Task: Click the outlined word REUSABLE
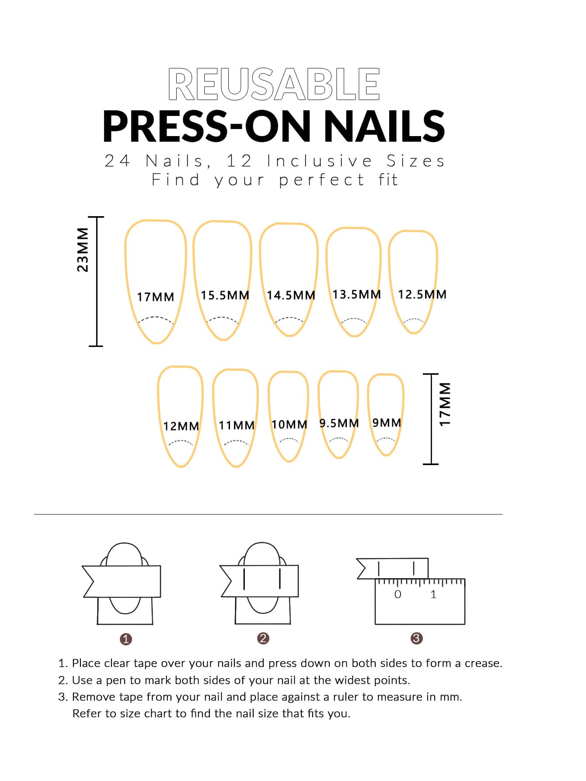pos(274,84)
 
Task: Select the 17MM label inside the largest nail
pos(156,297)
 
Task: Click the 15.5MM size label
pos(225,295)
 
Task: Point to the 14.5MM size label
pos(291,295)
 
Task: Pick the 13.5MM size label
pos(357,294)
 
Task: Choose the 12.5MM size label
pos(422,294)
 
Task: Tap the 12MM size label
pos(181,426)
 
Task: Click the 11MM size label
pos(237,425)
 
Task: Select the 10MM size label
pos(290,424)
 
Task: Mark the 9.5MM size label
pos(339,423)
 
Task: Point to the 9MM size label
pos(387,423)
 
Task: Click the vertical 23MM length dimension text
pos(83,250)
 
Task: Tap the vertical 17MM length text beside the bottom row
pos(445,404)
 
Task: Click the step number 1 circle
pos(126,639)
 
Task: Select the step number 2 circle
pos(263,638)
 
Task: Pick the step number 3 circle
pos(416,638)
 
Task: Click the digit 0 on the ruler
pos(398,594)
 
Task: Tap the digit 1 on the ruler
pos(433,594)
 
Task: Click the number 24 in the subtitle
pos(117,161)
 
